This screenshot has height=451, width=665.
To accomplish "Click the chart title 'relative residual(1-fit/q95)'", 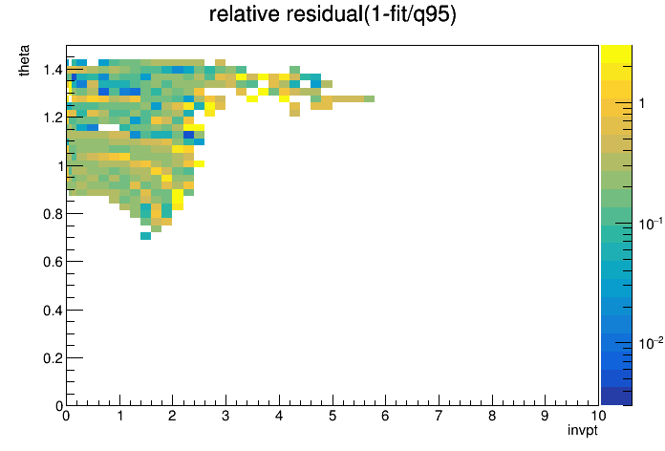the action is tap(332, 14).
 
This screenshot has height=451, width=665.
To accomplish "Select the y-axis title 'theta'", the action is tap(24, 60).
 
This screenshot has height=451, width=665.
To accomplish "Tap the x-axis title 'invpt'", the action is tap(583, 430).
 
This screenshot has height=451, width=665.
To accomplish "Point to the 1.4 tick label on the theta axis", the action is tap(53, 69).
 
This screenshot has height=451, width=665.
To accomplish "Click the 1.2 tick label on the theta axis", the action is tap(53, 118).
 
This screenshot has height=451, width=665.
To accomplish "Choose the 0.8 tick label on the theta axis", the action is tap(53, 214).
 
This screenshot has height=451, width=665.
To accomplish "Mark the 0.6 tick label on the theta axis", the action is tap(53, 262).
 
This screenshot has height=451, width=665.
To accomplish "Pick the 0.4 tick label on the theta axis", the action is tap(53, 311).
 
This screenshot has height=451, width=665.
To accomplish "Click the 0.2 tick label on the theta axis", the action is tap(53, 358).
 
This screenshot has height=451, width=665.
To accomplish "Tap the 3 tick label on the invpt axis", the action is tap(225, 416).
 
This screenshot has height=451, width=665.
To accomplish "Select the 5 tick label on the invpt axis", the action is tap(332, 416).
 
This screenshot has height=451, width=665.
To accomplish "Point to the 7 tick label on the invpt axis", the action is tap(439, 416).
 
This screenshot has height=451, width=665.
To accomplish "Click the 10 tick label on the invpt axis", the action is tap(598, 416).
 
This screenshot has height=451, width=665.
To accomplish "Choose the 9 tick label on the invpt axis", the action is tap(545, 416).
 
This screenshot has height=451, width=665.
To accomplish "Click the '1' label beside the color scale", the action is tap(642, 103).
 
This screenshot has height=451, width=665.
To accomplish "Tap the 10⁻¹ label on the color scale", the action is tap(651, 224).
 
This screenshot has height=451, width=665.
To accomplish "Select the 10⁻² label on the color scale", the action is tap(651, 343).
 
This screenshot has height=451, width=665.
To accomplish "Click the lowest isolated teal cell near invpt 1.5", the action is tap(145, 236).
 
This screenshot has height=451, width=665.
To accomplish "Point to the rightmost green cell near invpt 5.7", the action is tap(369, 98).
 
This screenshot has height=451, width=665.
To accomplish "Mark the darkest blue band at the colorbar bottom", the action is tap(616, 396).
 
